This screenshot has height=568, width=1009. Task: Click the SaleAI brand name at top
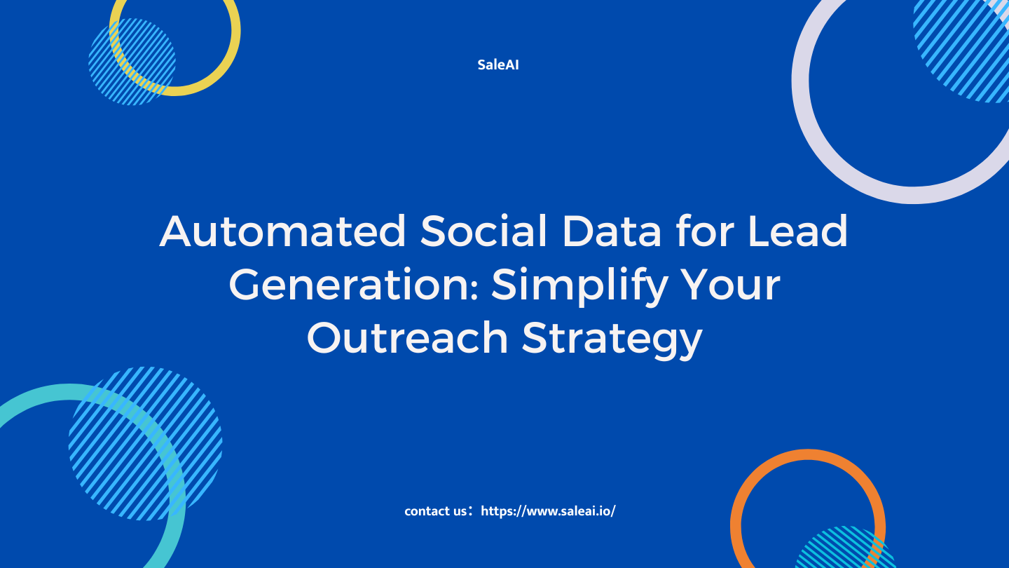pos(498,65)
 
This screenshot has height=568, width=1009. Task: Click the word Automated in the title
pos(283,231)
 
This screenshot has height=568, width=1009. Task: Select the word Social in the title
pos(483,231)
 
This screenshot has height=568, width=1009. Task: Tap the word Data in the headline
pos(612,231)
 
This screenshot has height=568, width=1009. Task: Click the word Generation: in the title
pos(354,285)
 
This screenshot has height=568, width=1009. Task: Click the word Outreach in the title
pos(408,337)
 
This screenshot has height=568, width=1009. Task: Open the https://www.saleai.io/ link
pos(548,510)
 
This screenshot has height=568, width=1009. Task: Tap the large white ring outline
pos(801,81)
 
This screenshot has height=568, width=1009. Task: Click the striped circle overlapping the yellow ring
pos(132,62)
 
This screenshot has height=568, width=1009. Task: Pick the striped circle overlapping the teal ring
pos(146,444)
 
